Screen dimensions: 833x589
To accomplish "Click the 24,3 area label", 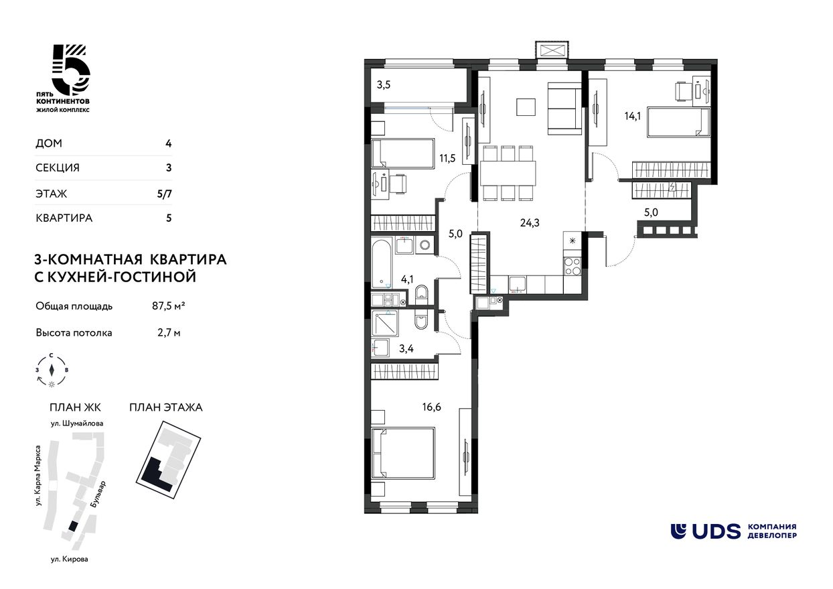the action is [x=530, y=223].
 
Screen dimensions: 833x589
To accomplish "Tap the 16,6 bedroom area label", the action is [x=431, y=407].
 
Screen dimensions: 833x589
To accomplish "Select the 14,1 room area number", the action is [x=633, y=116].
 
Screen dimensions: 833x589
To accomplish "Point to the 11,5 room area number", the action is [x=447, y=159].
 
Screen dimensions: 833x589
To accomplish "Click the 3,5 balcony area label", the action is [x=384, y=85].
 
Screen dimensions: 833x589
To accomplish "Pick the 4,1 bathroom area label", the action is [x=407, y=279].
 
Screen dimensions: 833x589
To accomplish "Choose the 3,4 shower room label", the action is [x=406, y=348].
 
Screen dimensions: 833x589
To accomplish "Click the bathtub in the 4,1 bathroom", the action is [x=382, y=263].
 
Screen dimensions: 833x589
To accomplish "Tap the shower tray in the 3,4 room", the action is [x=385, y=323].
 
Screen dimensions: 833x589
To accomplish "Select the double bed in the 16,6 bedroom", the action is [x=402, y=453].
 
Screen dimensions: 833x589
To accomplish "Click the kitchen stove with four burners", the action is [x=573, y=267].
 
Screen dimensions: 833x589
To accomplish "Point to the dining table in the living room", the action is [x=508, y=174].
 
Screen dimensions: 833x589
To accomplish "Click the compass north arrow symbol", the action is [x=52, y=370].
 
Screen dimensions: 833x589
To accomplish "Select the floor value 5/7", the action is [x=165, y=194].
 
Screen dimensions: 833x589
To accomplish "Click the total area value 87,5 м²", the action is [x=169, y=306].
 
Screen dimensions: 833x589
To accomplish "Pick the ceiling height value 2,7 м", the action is [x=169, y=332].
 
